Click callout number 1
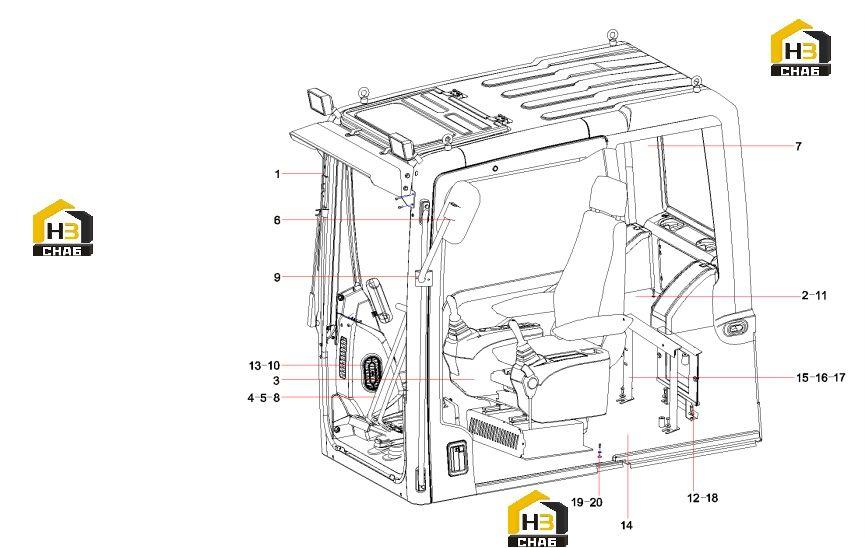coord(277,174)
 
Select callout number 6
coord(277,220)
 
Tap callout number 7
coord(798,146)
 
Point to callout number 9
coord(277,277)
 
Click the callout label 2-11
coord(814,295)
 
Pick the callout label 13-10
coord(264,365)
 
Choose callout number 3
coord(276,381)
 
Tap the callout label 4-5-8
coord(264,397)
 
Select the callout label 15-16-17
coord(820,378)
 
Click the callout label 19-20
coord(586,502)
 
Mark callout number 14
coord(626,525)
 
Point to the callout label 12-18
coord(702,498)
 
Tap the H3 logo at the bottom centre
coord(537,518)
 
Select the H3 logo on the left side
coord(63,227)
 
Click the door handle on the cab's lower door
coord(458,458)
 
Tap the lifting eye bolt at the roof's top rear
coord(612,35)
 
